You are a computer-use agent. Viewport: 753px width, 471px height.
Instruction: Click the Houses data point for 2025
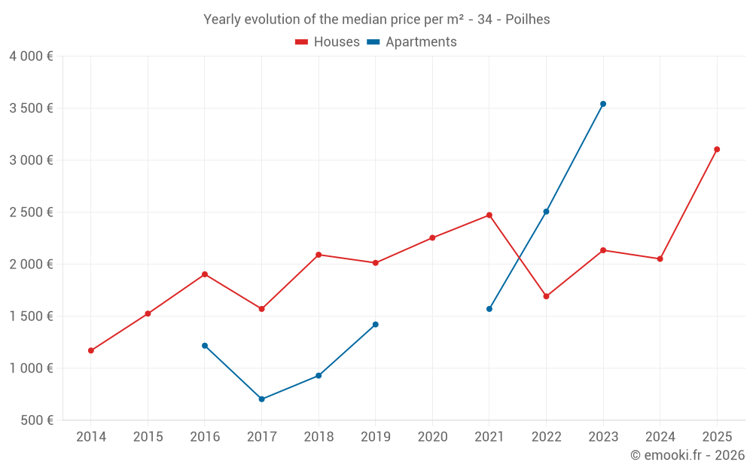click(x=717, y=149)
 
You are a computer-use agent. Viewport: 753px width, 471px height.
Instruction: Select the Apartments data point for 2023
click(x=603, y=104)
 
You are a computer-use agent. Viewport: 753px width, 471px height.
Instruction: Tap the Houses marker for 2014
click(x=91, y=350)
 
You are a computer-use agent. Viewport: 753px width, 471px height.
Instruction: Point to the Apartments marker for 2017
click(x=261, y=399)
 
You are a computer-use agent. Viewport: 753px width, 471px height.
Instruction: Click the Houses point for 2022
click(x=546, y=296)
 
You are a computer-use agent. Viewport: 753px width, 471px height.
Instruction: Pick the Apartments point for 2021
click(x=489, y=309)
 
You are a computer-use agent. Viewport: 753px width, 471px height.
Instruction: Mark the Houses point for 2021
click(x=489, y=215)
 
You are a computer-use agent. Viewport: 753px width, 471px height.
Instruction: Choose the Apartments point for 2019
click(x=376, y=325)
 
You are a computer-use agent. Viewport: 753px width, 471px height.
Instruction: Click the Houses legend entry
click(x=328, y=42)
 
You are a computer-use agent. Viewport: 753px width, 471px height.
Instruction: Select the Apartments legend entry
click(x=412, y=42)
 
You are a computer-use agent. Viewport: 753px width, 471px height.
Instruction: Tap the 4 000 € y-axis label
click(x=31, y=57)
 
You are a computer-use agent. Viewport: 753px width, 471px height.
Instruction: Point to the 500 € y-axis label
click(x=35, y=421)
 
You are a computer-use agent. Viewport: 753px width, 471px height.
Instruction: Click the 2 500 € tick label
click(x=31, y=213)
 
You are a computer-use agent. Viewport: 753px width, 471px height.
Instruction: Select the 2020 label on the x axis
click(x=432, y=437)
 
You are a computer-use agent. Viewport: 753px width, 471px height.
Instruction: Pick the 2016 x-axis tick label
click(x=205, y=437)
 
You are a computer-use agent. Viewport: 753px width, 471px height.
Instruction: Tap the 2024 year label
click(x=660, y=437)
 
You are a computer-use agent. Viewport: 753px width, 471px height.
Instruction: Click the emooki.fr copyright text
click(x=687, y=455)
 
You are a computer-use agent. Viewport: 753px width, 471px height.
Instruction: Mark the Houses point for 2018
click(x=319, y=255)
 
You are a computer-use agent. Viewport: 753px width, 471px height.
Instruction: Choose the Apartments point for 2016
click(x=205, y=346)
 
